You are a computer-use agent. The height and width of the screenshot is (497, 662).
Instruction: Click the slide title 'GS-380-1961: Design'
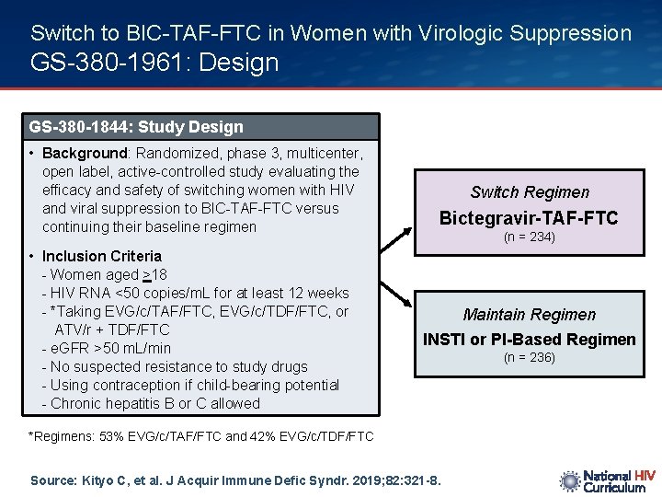pos(154,64)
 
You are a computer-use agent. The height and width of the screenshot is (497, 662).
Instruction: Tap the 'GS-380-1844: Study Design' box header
pos(136,127)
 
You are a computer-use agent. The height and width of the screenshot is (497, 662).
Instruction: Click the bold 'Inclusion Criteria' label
pos(101,256)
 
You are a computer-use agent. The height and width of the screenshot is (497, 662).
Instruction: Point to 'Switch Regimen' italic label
pos(529,192)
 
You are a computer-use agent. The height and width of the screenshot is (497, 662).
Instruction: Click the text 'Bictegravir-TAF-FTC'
pos(529,218)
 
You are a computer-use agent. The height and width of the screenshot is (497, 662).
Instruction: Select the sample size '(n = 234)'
pos(529,237)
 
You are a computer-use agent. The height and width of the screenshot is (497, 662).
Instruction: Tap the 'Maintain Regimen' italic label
pos(529,315)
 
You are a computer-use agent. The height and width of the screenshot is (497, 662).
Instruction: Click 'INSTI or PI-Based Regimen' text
pos(529,340)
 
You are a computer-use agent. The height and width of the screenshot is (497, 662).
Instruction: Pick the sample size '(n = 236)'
pos(529,357)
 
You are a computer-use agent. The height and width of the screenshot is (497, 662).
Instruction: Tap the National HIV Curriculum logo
pos(607,481)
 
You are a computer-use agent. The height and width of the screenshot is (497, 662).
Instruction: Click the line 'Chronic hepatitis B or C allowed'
pos(151,403)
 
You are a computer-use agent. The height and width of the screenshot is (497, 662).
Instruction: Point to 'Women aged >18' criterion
pos(105,274)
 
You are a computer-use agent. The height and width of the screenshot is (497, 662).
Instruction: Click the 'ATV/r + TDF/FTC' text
pos(112,329)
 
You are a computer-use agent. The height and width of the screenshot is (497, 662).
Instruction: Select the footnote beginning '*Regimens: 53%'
pos(201,436)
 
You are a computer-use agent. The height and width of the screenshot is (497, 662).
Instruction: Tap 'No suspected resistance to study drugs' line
pos(175,366)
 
